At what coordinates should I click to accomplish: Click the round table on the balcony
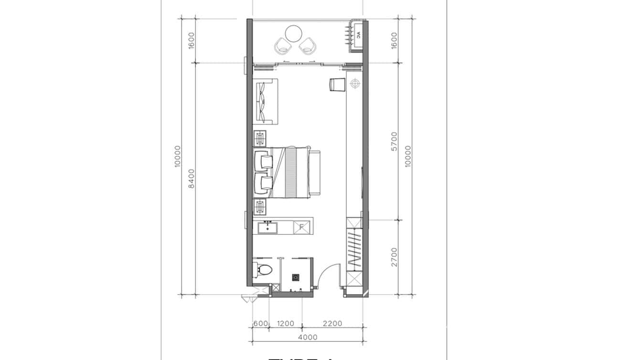tap(293, 34)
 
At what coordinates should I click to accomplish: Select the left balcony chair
tap(282, 46)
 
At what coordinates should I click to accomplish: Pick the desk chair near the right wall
tap(337, 84)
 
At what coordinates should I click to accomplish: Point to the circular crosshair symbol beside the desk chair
tap(354, 84)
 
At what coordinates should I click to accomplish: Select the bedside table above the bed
tap(260, 138)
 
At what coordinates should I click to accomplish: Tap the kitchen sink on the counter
tap(268, 227)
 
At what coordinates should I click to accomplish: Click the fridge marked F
tap(302, 227)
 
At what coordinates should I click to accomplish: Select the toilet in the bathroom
tap(263, 269)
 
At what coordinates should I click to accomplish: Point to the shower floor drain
tap(296, 276)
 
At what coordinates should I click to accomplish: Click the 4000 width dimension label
tap(307, 337)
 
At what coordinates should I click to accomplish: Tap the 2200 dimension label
tap(332, 323)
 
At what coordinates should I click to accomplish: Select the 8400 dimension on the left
tap(192, 178)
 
